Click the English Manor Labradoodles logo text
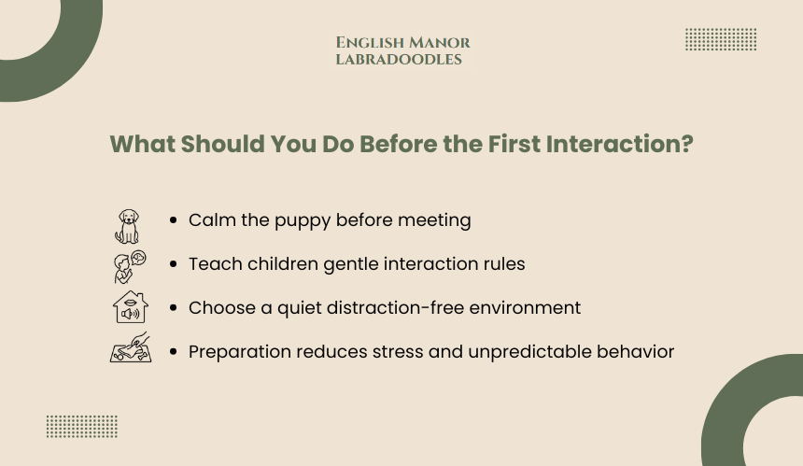coord(402,50)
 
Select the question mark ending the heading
coord(688,144)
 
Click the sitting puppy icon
coord(127,226)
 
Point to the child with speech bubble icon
coord(130,267)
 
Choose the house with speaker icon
coord(131,306)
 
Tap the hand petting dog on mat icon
coord(131,347)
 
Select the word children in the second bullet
coord(283,263)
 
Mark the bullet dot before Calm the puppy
coord(173,220)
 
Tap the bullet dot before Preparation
coord(173,352)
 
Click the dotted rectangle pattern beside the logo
coord(721,39)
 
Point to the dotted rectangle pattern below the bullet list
coord(82,427)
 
